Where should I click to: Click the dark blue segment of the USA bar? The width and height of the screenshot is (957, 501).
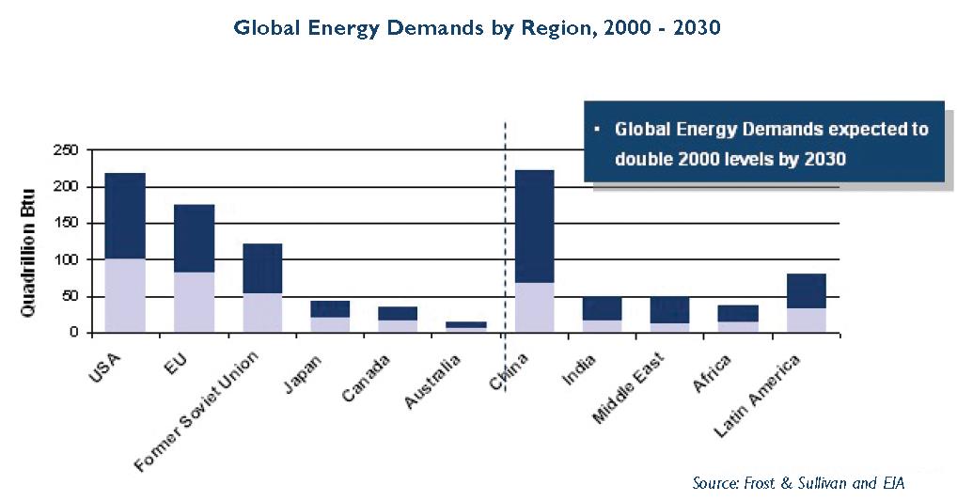tap(125, 215)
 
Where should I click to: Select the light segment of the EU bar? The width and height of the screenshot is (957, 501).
tap(194, 302)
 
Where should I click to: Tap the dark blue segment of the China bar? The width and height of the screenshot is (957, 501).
tap(533, 226)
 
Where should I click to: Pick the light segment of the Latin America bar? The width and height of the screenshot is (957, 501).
tap(805, 320)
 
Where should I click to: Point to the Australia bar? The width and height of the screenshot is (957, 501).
tap(465, 326)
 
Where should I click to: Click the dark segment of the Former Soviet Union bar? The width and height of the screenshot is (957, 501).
tap(262, 268)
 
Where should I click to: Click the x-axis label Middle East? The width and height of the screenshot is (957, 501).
tap(629, 386)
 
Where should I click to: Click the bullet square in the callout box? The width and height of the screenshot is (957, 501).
tap(597, 128)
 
